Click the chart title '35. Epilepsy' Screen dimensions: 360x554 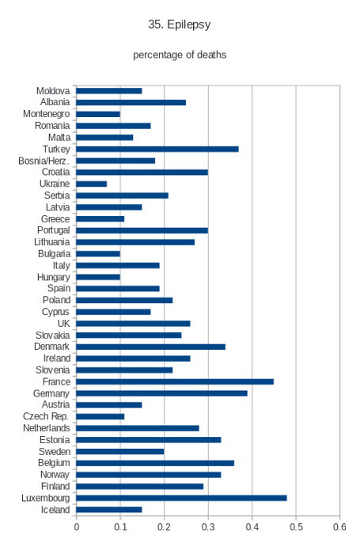click(179, 25)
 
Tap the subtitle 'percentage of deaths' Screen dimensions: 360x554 click(180, 55)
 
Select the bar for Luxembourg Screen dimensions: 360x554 click(181, 498)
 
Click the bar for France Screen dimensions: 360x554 click(175, 381)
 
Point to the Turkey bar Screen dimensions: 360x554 click(157, 149)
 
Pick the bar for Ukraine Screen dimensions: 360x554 click(92, 184)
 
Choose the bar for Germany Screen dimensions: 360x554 click(161, 393)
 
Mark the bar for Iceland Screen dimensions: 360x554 click(109, 510)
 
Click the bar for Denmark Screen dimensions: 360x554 click(150, 347)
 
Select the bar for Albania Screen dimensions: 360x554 click(131, 102)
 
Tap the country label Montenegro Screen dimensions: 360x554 click(46, 114)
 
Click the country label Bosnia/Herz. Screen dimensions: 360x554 click(44, 161)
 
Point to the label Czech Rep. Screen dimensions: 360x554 click(46, 416)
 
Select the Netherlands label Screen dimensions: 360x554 click(46, 428)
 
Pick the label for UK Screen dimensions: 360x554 click(63, 324)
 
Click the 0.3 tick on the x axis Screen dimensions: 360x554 click(208, 527)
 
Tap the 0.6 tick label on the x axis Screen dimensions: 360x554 click(339, 527)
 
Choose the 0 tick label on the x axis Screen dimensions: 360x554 click(76, 527)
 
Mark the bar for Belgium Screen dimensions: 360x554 click(155, 463)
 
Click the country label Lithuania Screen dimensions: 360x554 click(52, 242)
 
